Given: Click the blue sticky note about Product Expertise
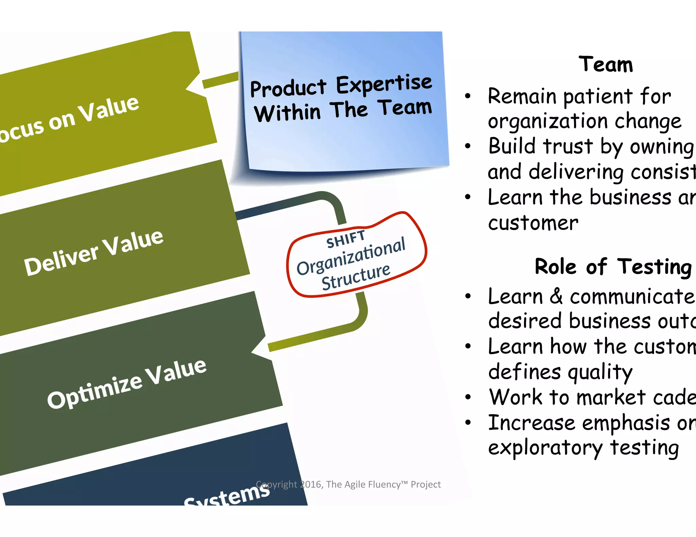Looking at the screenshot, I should [x=343, y=102].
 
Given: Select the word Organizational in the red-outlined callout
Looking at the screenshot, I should [x=351, y=256].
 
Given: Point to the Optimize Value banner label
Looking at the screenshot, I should [x=127, y=384].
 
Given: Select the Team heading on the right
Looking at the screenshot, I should [x=606, y=64].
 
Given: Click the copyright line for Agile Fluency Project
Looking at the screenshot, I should [x=348, y=484].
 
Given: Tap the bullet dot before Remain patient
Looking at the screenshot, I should [x=468, y=96].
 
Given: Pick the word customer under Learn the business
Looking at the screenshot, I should [x=533, y=223].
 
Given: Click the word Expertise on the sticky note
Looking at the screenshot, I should [x=384, y=84].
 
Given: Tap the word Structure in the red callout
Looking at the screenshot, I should [x=356, y=277].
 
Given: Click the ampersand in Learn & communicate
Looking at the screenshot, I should [x=556, y=296].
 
